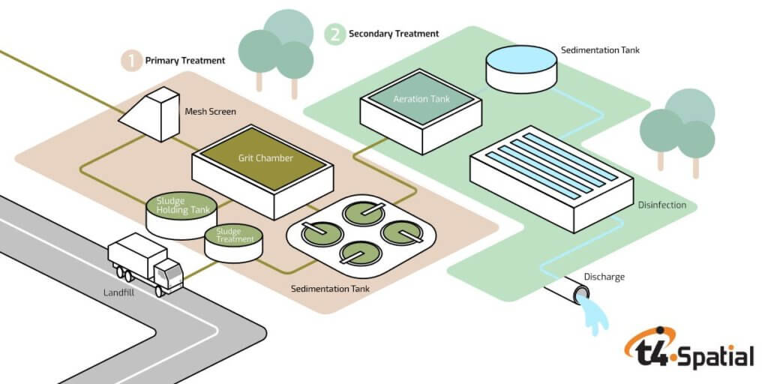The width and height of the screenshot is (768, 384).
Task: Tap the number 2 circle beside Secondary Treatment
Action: tap(334, 34)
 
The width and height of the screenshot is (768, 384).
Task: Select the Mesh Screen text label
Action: tap(210, 112)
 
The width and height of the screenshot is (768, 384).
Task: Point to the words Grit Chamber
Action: tap(265, 158)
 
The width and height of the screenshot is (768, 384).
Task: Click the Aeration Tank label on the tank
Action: tap(421, 99)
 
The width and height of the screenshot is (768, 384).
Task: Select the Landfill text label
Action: tap(119, 293)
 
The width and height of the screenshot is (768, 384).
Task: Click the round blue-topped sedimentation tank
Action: tap(521, 67)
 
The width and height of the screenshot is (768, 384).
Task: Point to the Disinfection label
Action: tap(663, 205)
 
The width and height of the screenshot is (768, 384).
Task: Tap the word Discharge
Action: tap(604, 277)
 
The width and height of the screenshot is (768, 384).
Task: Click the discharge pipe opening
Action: tap(582, 295)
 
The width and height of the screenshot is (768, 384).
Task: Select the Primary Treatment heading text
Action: tap(184, 61)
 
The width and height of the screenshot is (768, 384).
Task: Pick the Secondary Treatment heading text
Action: tap(394, 34)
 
